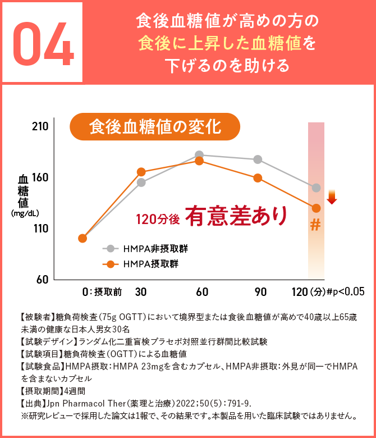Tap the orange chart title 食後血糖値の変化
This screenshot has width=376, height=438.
155,126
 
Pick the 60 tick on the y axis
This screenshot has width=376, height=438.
42,279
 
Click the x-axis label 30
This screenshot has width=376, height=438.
141,291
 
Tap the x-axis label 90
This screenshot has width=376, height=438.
260,291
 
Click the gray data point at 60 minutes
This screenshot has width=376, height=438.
199,154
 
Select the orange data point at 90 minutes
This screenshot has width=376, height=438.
258,178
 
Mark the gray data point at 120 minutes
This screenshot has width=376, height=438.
316,188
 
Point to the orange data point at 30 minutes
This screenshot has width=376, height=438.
141,172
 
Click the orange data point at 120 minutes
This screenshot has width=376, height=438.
316,208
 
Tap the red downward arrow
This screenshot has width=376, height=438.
332,197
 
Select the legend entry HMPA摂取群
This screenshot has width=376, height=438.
143,264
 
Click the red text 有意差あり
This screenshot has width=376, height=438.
237,216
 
